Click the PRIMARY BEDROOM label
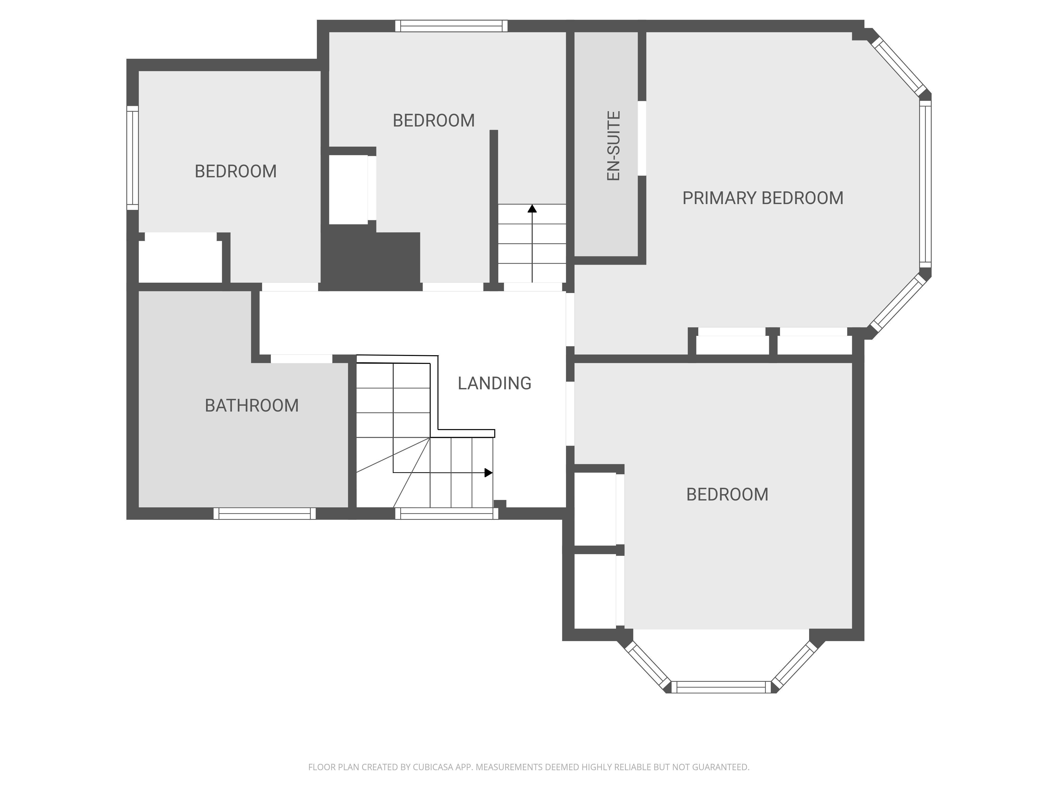pos(762,198)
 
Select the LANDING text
pos(495,383)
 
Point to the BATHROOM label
pos(252,406)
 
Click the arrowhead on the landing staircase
pos(488,473)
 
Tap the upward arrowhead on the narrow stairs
pos(532,208)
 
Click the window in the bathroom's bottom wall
pos(264,513)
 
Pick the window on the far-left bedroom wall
pos(133,158)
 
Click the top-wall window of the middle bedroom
pos(452,26)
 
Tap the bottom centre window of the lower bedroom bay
pos(721,687)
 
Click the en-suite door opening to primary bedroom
pos(642,138)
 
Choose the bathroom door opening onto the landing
pos(301,359)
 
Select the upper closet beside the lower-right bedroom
pos(595,509)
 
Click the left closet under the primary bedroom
pos(732,345)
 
